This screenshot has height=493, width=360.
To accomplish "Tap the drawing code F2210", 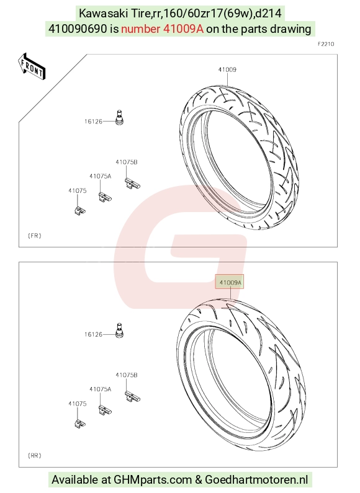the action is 326,44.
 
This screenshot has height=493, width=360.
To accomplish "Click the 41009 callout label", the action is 227,69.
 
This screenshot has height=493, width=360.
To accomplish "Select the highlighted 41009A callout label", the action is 230,282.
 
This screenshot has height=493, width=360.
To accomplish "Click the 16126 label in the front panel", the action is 93,122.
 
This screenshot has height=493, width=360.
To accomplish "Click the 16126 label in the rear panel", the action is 93,334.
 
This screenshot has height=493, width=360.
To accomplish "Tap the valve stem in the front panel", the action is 119,117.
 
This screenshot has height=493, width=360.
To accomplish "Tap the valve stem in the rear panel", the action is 119,331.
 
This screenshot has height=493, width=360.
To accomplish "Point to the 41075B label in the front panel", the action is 127,162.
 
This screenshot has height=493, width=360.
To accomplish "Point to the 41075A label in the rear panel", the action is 101,389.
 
